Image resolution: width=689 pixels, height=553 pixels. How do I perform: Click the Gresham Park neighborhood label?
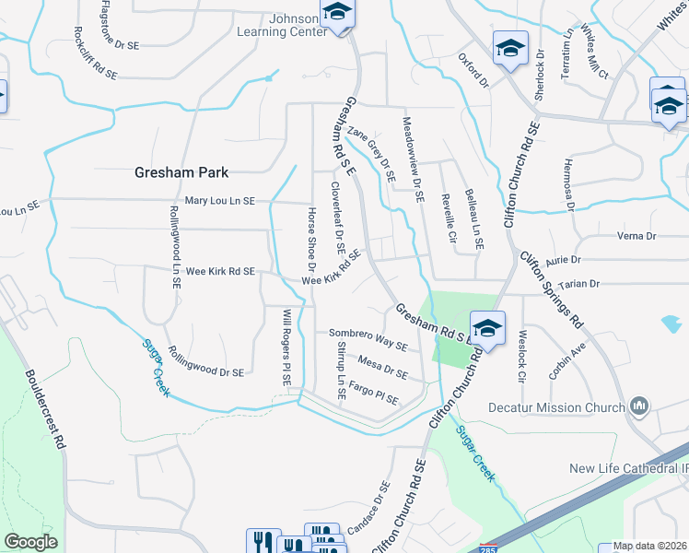181,172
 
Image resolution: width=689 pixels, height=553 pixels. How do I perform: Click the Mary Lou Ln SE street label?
219,200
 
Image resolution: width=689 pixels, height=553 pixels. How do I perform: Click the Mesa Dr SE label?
382,368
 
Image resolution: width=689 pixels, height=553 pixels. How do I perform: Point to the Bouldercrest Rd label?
46,409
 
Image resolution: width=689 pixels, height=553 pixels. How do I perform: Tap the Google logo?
30,542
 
